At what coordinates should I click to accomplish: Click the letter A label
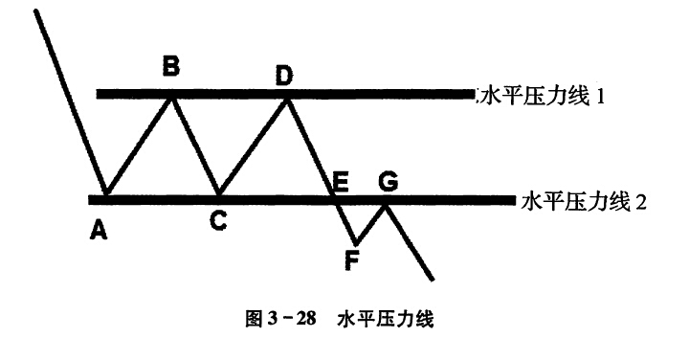[99, 230]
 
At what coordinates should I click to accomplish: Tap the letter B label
[171, 67]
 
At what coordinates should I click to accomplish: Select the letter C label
[218, 220]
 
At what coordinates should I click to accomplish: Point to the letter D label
[284, 77]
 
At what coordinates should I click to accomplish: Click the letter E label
[341, 183]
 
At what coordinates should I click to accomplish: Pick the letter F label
[351, 261]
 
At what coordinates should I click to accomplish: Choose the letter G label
[389, 183]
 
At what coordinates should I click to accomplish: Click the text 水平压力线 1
[544, 97]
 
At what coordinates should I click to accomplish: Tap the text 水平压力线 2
[584, 203]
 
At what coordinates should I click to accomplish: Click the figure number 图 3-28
[280, 319]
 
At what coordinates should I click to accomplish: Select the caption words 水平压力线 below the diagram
[386, 319]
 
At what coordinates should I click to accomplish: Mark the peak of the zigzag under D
[287, 100]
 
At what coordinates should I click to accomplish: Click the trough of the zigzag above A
[105, 192]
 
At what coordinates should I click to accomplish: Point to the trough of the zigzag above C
[218, 192]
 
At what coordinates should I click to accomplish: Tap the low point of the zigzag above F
[355, 244]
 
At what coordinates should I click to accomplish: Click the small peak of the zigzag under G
[386, 206]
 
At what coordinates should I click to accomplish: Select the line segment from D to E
[310, 148]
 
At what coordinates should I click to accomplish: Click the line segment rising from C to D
[253, 146]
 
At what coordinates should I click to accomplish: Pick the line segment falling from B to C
[195, 146]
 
